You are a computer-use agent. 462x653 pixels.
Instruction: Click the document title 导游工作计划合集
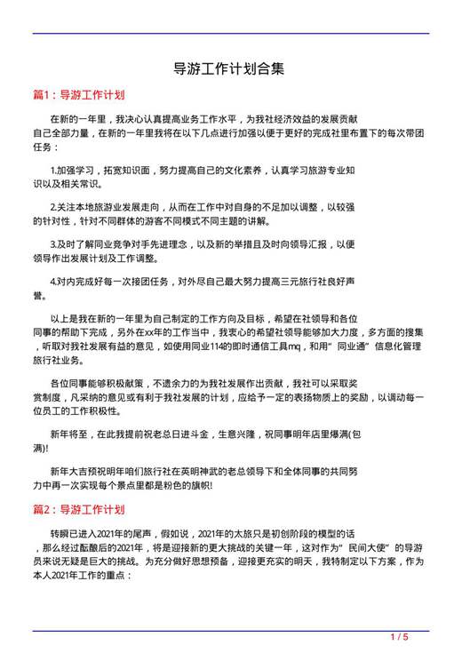click(229, 68)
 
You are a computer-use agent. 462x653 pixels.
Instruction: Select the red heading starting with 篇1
click(77, 93)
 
